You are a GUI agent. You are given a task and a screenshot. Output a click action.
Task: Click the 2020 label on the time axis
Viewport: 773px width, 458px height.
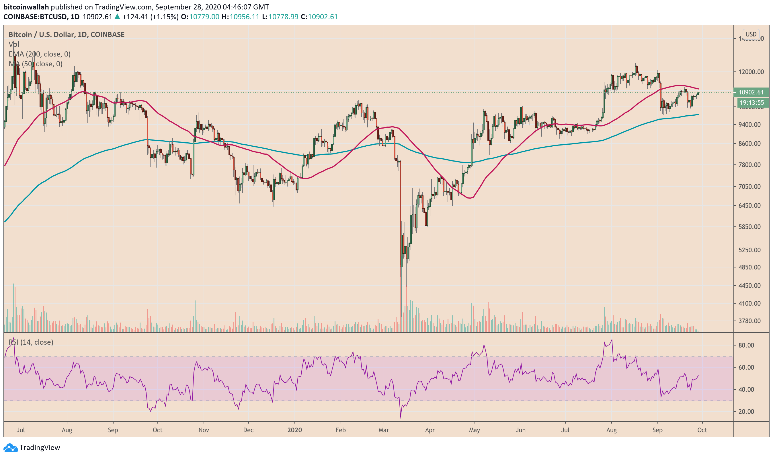(294, 430)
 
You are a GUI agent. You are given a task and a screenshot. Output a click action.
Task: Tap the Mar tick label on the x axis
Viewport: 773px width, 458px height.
(384, 430)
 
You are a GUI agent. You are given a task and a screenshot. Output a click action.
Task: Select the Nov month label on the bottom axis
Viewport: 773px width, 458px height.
(204, 430)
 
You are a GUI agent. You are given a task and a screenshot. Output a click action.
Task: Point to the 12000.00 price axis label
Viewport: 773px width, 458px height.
(751, 72)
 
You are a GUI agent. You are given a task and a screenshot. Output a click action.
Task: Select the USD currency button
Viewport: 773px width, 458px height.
(751, 34)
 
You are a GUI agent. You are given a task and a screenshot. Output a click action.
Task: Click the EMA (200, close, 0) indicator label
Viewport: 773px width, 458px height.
(40, 54)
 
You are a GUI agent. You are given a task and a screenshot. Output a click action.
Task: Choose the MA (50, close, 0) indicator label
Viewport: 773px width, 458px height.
(36, 64)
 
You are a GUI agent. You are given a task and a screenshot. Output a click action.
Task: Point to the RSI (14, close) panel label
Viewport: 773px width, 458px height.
(31, 342)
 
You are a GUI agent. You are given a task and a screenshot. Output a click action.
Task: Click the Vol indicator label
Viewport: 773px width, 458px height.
(14, 44)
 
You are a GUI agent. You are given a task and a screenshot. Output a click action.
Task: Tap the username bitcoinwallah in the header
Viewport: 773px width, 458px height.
(26, 7)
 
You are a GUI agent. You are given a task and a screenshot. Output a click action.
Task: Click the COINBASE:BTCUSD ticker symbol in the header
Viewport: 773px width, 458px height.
(35, 17)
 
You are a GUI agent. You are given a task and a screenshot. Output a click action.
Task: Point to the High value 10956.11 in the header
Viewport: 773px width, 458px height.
(245, 17)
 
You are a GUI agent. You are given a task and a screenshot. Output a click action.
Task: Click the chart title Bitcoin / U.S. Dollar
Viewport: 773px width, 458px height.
(41, 34)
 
